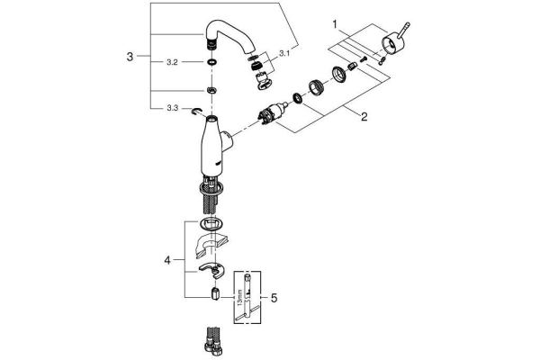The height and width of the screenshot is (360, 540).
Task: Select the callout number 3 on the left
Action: coord(130,56)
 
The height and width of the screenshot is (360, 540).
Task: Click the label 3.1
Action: coord(284,54)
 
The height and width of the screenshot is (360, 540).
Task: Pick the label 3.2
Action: coord(171,63)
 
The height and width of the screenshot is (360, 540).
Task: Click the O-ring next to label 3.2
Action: coord(210,63)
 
